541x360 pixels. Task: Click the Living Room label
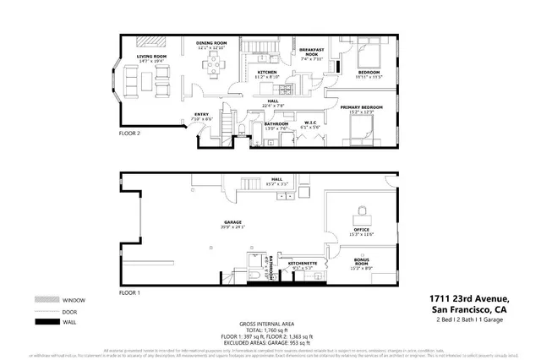pyautogui.click(x=152, y=57)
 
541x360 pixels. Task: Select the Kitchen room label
pyautogui.click(x=267, y=73)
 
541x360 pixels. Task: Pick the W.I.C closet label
pyautogui.click(x=310, y=123)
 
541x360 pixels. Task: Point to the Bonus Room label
pyautogui.click(x=362, y=262)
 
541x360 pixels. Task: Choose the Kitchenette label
pyautogui.click(x=302, y=264)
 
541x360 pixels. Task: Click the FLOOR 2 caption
pyautogui.click(x=129, y=133)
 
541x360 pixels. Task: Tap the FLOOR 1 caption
pyautogui.click(x=129, y=292)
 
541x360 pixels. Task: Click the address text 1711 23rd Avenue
pyautogui.click(x=468, y=299)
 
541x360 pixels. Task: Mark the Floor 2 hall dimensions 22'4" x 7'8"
pyautogui.click(x=273, y=106)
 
